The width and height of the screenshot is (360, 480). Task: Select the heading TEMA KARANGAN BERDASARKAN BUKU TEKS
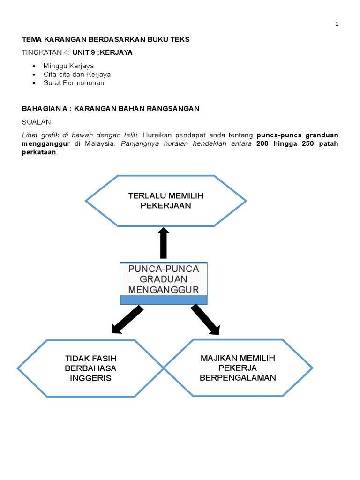coord(105,40)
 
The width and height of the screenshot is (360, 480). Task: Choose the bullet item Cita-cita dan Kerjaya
coord(77,74)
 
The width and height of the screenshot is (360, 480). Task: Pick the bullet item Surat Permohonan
coord(74,83)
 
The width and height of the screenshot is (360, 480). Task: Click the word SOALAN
coord(37,122)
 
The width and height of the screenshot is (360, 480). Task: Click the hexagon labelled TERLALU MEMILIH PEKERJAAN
coord(166,201)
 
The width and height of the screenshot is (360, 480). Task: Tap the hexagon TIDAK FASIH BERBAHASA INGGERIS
coord(90,368)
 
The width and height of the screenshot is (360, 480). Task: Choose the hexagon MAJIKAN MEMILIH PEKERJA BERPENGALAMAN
coord(238,367)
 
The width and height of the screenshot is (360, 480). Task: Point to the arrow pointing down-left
coord(127,320)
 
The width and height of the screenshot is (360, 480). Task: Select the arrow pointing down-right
coord(205,319)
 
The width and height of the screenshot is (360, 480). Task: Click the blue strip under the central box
coord(164,300)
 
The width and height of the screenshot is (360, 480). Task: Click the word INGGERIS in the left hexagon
coord(90,378)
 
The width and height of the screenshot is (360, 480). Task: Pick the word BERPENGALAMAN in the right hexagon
coord(238,377)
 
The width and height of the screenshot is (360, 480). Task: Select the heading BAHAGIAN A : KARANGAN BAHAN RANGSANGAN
coord(111,109)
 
